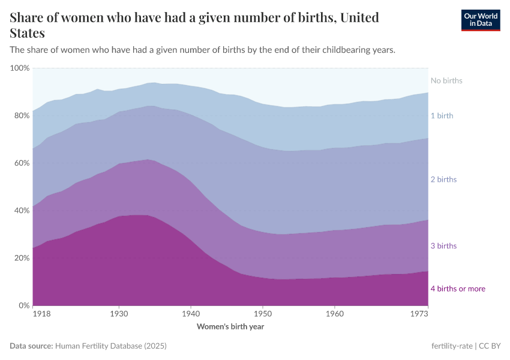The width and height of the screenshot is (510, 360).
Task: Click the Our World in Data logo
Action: click(x=480, y=20)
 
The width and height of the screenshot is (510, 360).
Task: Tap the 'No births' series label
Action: click(x=446, y=80)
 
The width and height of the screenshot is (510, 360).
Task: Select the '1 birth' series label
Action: click(x=442, y=115)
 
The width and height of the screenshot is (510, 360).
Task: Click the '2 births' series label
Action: click(x=443, y=179)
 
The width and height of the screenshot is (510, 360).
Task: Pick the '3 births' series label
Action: click(x=443, y=246)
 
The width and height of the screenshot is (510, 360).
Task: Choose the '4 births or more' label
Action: click(x=458, y=289)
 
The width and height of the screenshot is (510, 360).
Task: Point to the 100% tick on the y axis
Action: click(x=20, y=68)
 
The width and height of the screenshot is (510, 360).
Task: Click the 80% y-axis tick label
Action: click(x=22, y=116)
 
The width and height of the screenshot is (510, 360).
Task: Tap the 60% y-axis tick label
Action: click(x=22, y=163)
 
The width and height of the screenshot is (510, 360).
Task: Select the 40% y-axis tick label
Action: click(x=22, y=211)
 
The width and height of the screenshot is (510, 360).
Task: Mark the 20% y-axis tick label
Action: click(x=22, y=258)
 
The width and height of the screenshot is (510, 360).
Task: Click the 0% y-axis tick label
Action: click(x=24, y=305)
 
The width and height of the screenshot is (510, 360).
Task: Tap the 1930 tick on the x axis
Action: click(x=119, y=314)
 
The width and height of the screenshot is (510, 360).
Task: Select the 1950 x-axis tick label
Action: click(x=262, y=314)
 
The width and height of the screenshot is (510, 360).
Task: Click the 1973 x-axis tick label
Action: click(x=419, y=314)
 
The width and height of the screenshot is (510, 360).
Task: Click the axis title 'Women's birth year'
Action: click(x=230, y=327)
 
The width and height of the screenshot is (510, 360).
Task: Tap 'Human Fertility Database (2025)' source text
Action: click(x=110, y=346)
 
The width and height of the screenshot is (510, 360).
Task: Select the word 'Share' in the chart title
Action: click(x=28, y=17)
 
